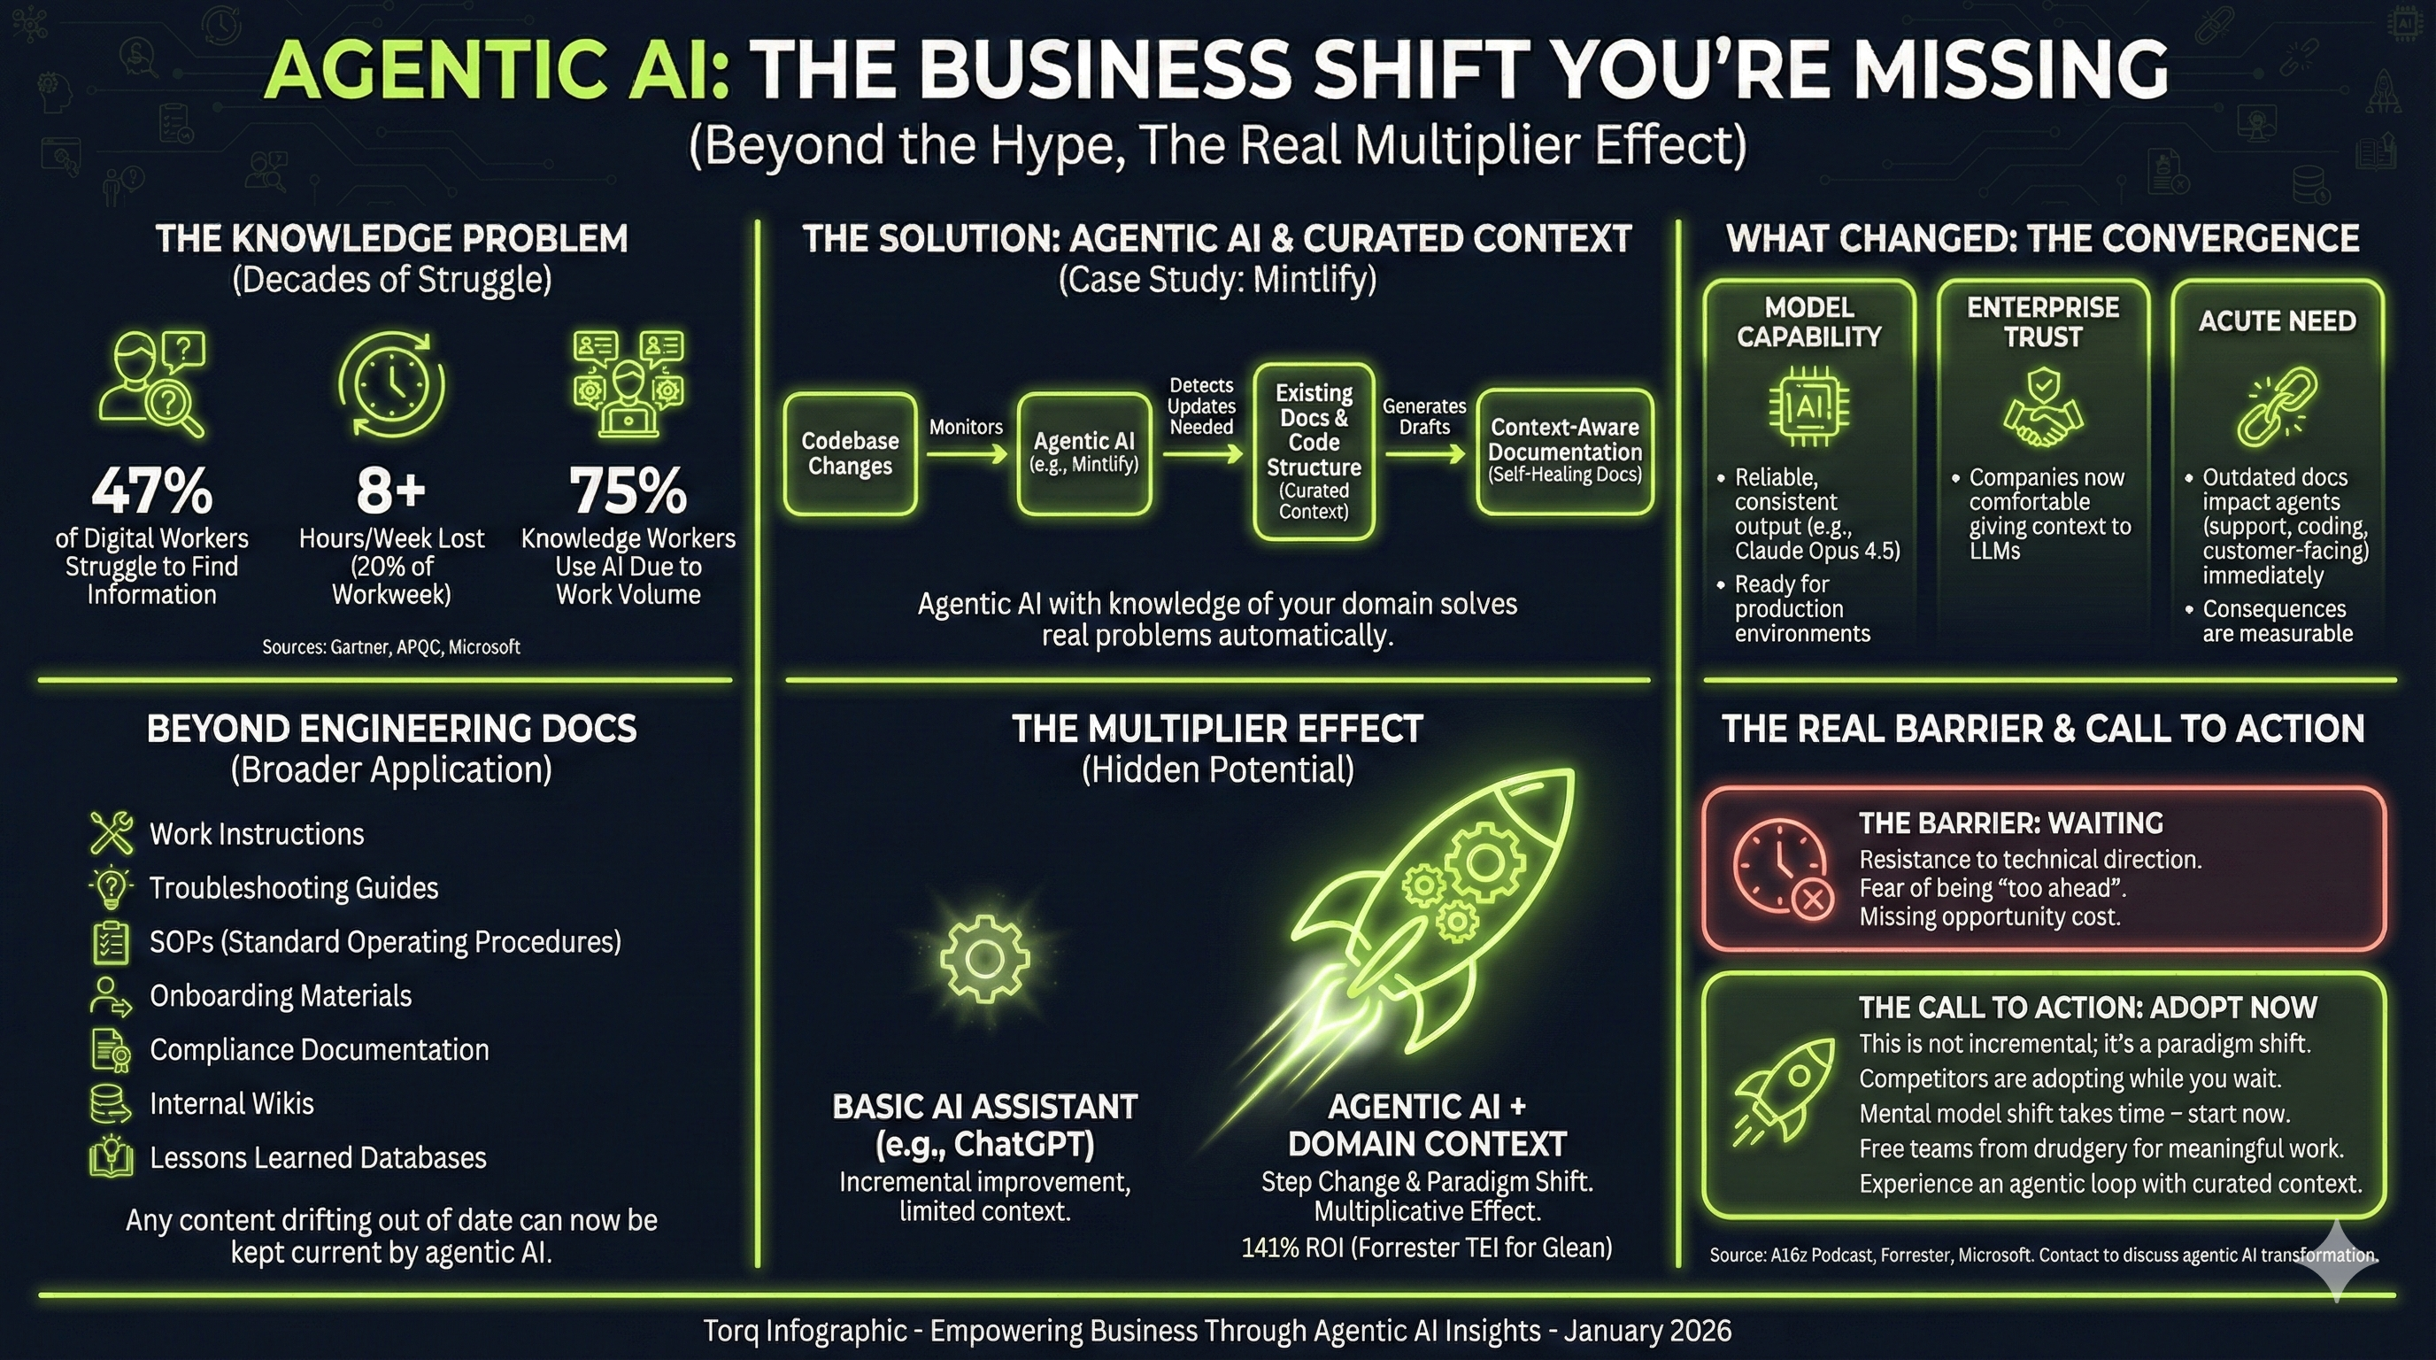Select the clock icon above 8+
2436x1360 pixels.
tap(391, 385)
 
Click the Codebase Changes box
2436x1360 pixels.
tap(850, 453)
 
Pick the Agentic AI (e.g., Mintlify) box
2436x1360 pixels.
tap(1083, 453)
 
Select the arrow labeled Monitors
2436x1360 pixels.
tap(967, 455)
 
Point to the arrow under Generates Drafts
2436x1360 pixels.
tap(1424, 455)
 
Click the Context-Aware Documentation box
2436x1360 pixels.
tap(1564, 452)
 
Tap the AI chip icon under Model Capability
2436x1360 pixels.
tap(1808, 406)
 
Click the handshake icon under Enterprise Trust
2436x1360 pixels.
tap(2042, 414)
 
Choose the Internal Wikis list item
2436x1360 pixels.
tap(231, 1104)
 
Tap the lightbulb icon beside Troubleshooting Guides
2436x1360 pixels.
tap(112, 887)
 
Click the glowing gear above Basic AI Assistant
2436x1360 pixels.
tap(983, 957)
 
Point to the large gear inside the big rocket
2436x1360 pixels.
tap(1482, 862)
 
